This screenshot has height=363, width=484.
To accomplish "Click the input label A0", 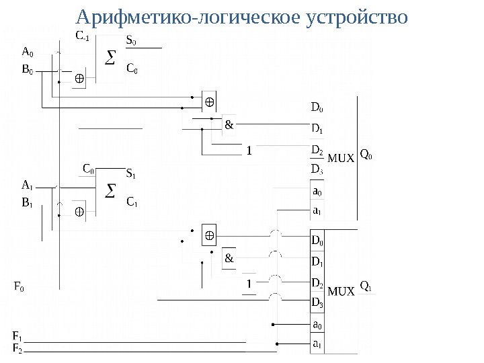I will (x=27, y=51).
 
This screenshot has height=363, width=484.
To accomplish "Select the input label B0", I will (x=27, y=69).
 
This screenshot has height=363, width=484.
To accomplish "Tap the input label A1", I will (x=27, y=184).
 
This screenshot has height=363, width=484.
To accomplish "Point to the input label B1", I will (x=27, y=202).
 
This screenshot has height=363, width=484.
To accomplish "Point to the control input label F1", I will (x=17, y=335).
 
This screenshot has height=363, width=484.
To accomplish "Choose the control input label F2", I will (x=17, y=348).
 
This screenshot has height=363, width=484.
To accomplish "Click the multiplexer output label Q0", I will (x=367, y=155).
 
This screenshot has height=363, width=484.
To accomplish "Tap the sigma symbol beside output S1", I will (x=112, y=193).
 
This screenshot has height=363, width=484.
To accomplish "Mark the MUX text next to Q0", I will (x=340, y=159).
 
